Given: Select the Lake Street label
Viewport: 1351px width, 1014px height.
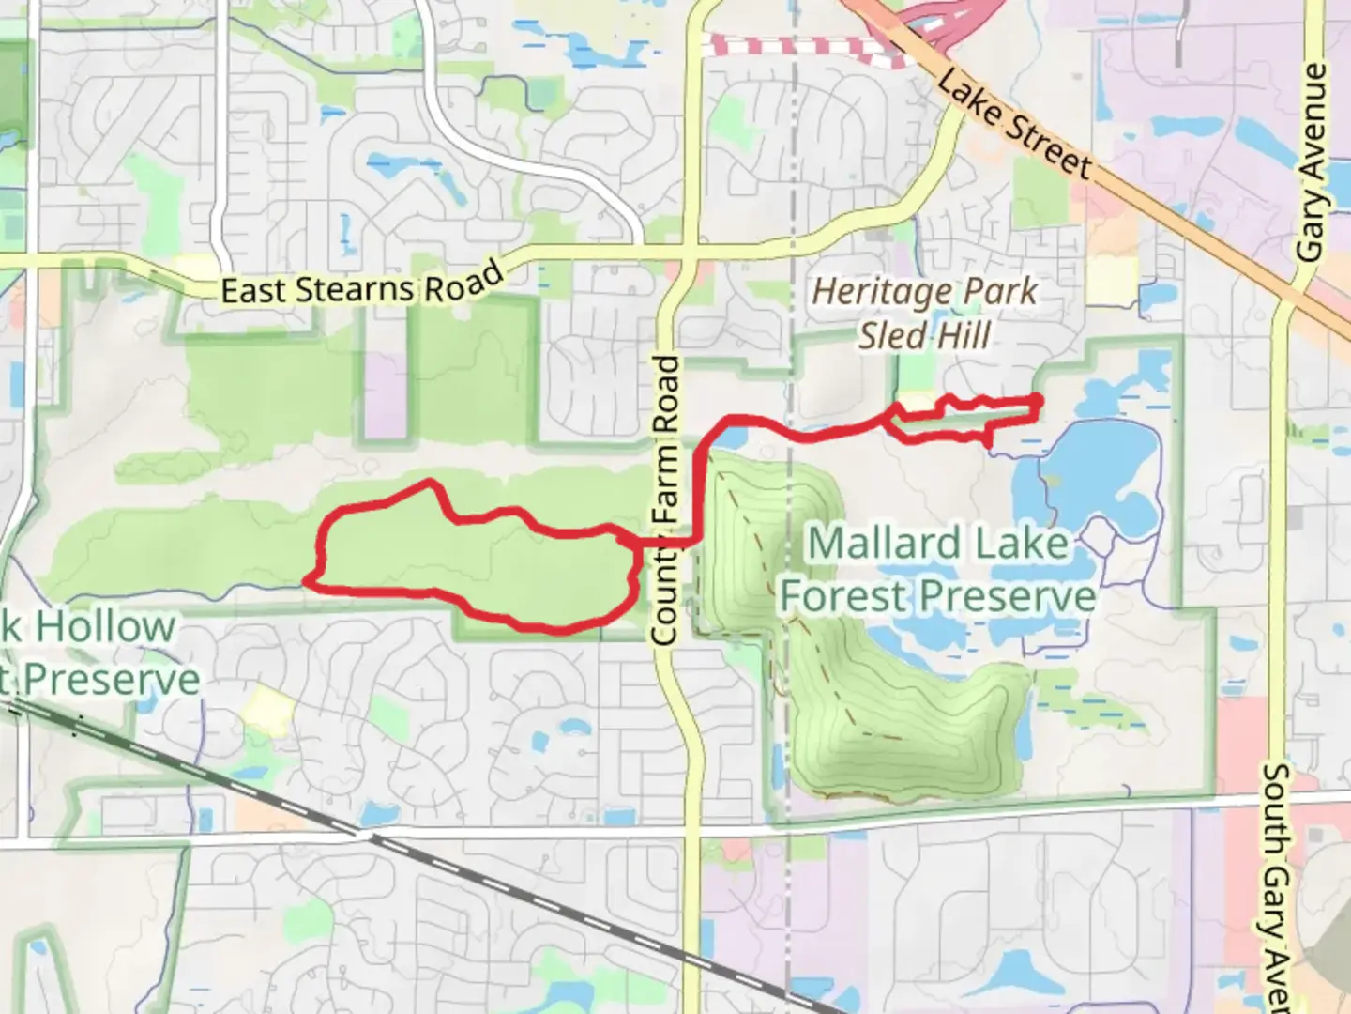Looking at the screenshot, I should click(x=1015, y=125).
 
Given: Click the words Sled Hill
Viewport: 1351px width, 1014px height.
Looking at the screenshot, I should click(x=924, y=335).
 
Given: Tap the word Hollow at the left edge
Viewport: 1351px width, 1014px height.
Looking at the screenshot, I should click(x=104, y=627).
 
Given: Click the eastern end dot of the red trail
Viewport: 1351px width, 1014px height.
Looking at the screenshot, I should click(x=1037, y=401).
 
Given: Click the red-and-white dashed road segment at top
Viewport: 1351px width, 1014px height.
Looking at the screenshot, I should click(x=797, y=45).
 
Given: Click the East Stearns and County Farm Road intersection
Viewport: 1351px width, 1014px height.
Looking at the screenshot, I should click(x=689, y=252).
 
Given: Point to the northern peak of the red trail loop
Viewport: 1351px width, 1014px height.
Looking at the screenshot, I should click(x=430, y=483).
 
